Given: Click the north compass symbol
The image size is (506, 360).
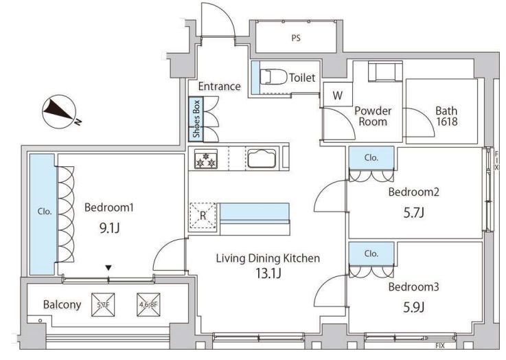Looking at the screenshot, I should [x=58, y=111].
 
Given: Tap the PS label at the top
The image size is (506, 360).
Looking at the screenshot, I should [x=295, y=38].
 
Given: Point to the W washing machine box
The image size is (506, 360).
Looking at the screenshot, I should [x=337, y=95].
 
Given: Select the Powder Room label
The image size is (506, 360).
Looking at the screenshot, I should [x=373, y=116].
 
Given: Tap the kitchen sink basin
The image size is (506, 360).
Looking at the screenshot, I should [x=262, y=159].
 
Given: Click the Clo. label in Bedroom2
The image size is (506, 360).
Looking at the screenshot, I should [x=371, y=157].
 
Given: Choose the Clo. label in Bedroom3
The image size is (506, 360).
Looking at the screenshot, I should [x=371, y=253].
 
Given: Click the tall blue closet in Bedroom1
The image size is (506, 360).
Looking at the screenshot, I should [x=42, y=213].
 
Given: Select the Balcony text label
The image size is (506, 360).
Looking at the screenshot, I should [x=63, y=304].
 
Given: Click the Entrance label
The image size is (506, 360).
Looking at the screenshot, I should [x=219, y=86].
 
